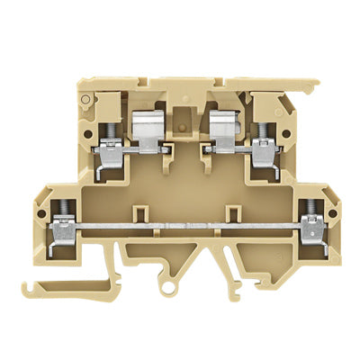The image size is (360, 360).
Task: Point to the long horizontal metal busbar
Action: (x=184, y=220)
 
